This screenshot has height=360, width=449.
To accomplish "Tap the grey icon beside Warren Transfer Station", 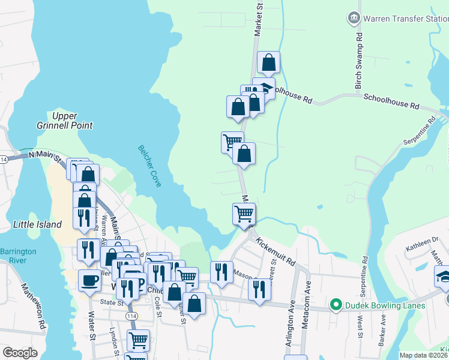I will [354, 18].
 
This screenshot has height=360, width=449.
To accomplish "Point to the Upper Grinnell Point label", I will [72, 121].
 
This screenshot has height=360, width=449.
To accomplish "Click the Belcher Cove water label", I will [149, 166].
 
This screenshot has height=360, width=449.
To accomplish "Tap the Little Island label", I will [37, 224].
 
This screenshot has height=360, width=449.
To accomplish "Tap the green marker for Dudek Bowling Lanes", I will [336, 305].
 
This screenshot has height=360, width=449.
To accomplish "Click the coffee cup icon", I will [90, 280].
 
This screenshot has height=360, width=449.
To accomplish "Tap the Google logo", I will [20, 352].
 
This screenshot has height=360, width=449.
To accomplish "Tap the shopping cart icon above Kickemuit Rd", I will [244, 214].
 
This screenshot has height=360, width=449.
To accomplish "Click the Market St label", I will [259, 21].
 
